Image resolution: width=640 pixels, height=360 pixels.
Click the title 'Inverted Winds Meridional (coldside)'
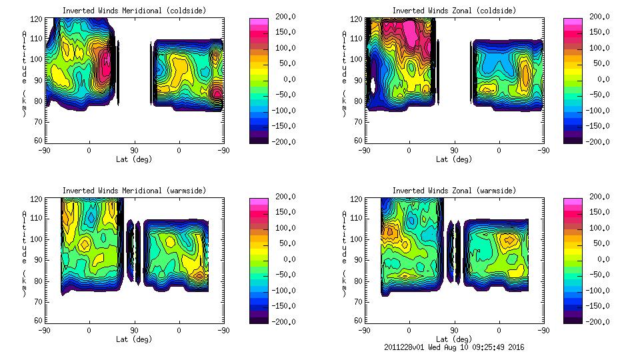point(134,11)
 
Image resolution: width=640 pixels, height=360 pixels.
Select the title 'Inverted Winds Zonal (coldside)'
point(453,11)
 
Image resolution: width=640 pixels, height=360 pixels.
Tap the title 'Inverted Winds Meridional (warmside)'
point(134,191)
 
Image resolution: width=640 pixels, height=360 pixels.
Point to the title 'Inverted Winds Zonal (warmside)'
point(453,191)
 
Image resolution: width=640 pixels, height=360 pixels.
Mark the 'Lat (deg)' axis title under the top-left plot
point(134,159)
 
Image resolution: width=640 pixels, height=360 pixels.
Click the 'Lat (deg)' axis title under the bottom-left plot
point(134,339)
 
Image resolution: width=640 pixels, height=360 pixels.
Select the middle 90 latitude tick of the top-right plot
point(454,150)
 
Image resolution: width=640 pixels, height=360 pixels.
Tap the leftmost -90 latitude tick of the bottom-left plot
point(45,330)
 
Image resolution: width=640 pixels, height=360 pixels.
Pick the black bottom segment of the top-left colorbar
point(259,137)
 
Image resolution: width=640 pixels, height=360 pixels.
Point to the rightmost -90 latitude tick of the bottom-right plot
point(544,330)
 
